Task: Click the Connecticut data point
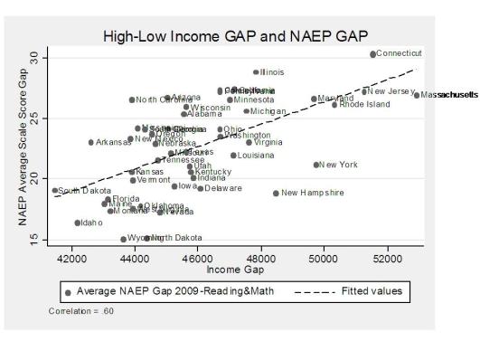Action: pos(372,54)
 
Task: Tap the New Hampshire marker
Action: pos(276,193)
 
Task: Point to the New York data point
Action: pos(316,165)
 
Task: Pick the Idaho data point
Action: pos(78,223)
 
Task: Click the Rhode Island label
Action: pos(364,105)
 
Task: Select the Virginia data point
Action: pos(249,142)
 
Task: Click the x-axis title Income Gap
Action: pos(230,270)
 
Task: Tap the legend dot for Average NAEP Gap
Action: pos(68,291)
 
